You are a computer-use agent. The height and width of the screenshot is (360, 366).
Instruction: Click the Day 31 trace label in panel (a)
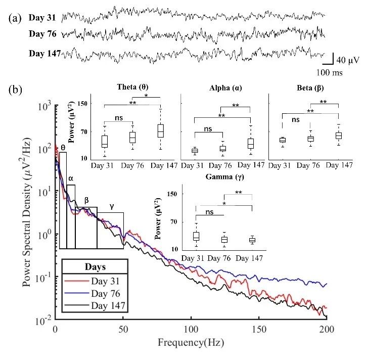point(42,18)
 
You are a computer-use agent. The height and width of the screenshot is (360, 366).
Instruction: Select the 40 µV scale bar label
point(348,60)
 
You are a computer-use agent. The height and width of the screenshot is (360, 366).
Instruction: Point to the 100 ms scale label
point(330,72)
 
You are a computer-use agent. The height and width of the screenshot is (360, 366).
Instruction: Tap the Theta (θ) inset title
point(132,87)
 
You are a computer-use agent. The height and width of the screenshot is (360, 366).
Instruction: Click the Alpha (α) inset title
point(225,88)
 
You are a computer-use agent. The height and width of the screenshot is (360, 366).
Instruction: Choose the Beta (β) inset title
point(310,88)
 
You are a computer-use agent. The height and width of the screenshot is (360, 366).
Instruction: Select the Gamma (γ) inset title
point(225,177)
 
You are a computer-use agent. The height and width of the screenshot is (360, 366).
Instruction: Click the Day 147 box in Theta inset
point(161,131)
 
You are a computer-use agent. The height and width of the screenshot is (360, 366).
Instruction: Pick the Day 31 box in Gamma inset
point(196,236)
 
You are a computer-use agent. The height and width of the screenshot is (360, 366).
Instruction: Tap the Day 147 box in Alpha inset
point(251,144)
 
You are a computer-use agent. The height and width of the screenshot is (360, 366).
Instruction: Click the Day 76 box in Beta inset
point(311,139)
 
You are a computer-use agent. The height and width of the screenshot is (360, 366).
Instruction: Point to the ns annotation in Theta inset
point(119,118)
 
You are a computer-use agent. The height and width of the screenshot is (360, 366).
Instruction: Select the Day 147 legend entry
point(95,305)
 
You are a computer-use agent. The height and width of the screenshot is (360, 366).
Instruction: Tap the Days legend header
point(95,266)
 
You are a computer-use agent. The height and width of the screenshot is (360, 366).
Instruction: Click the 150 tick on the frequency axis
point(259,329)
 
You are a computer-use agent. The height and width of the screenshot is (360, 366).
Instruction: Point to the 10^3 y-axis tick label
point(44,107)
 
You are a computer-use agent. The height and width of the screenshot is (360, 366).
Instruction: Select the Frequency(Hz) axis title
point(191,342)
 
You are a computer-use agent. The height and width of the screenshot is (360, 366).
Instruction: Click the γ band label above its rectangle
point(112,206)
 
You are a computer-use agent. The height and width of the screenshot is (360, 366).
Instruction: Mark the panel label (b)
point(15,90)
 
